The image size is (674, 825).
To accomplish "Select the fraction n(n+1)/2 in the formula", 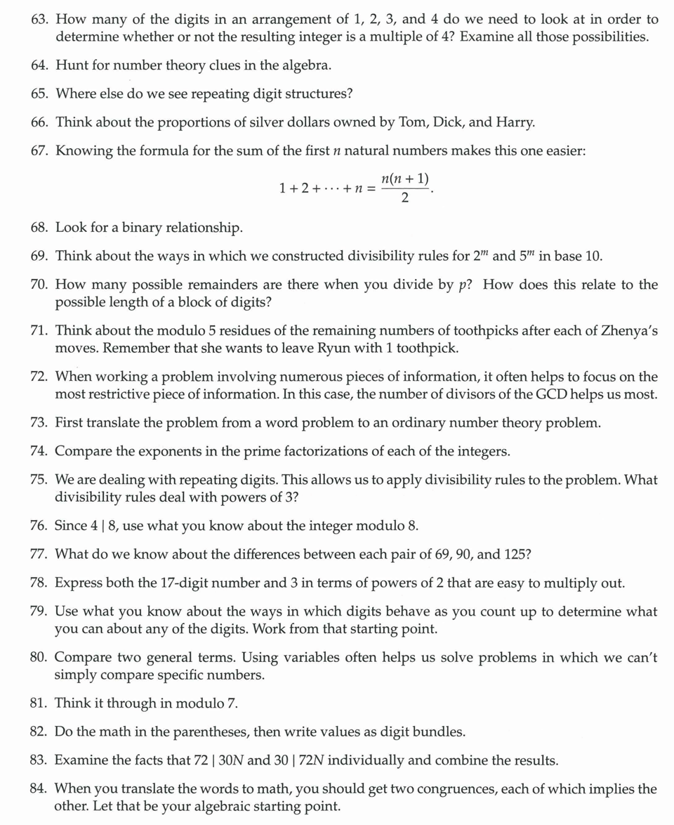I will click(x=405, y=188).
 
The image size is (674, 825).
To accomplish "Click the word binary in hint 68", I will click(x=145, y=228).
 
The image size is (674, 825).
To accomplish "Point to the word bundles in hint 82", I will click(x=440, y=732).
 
